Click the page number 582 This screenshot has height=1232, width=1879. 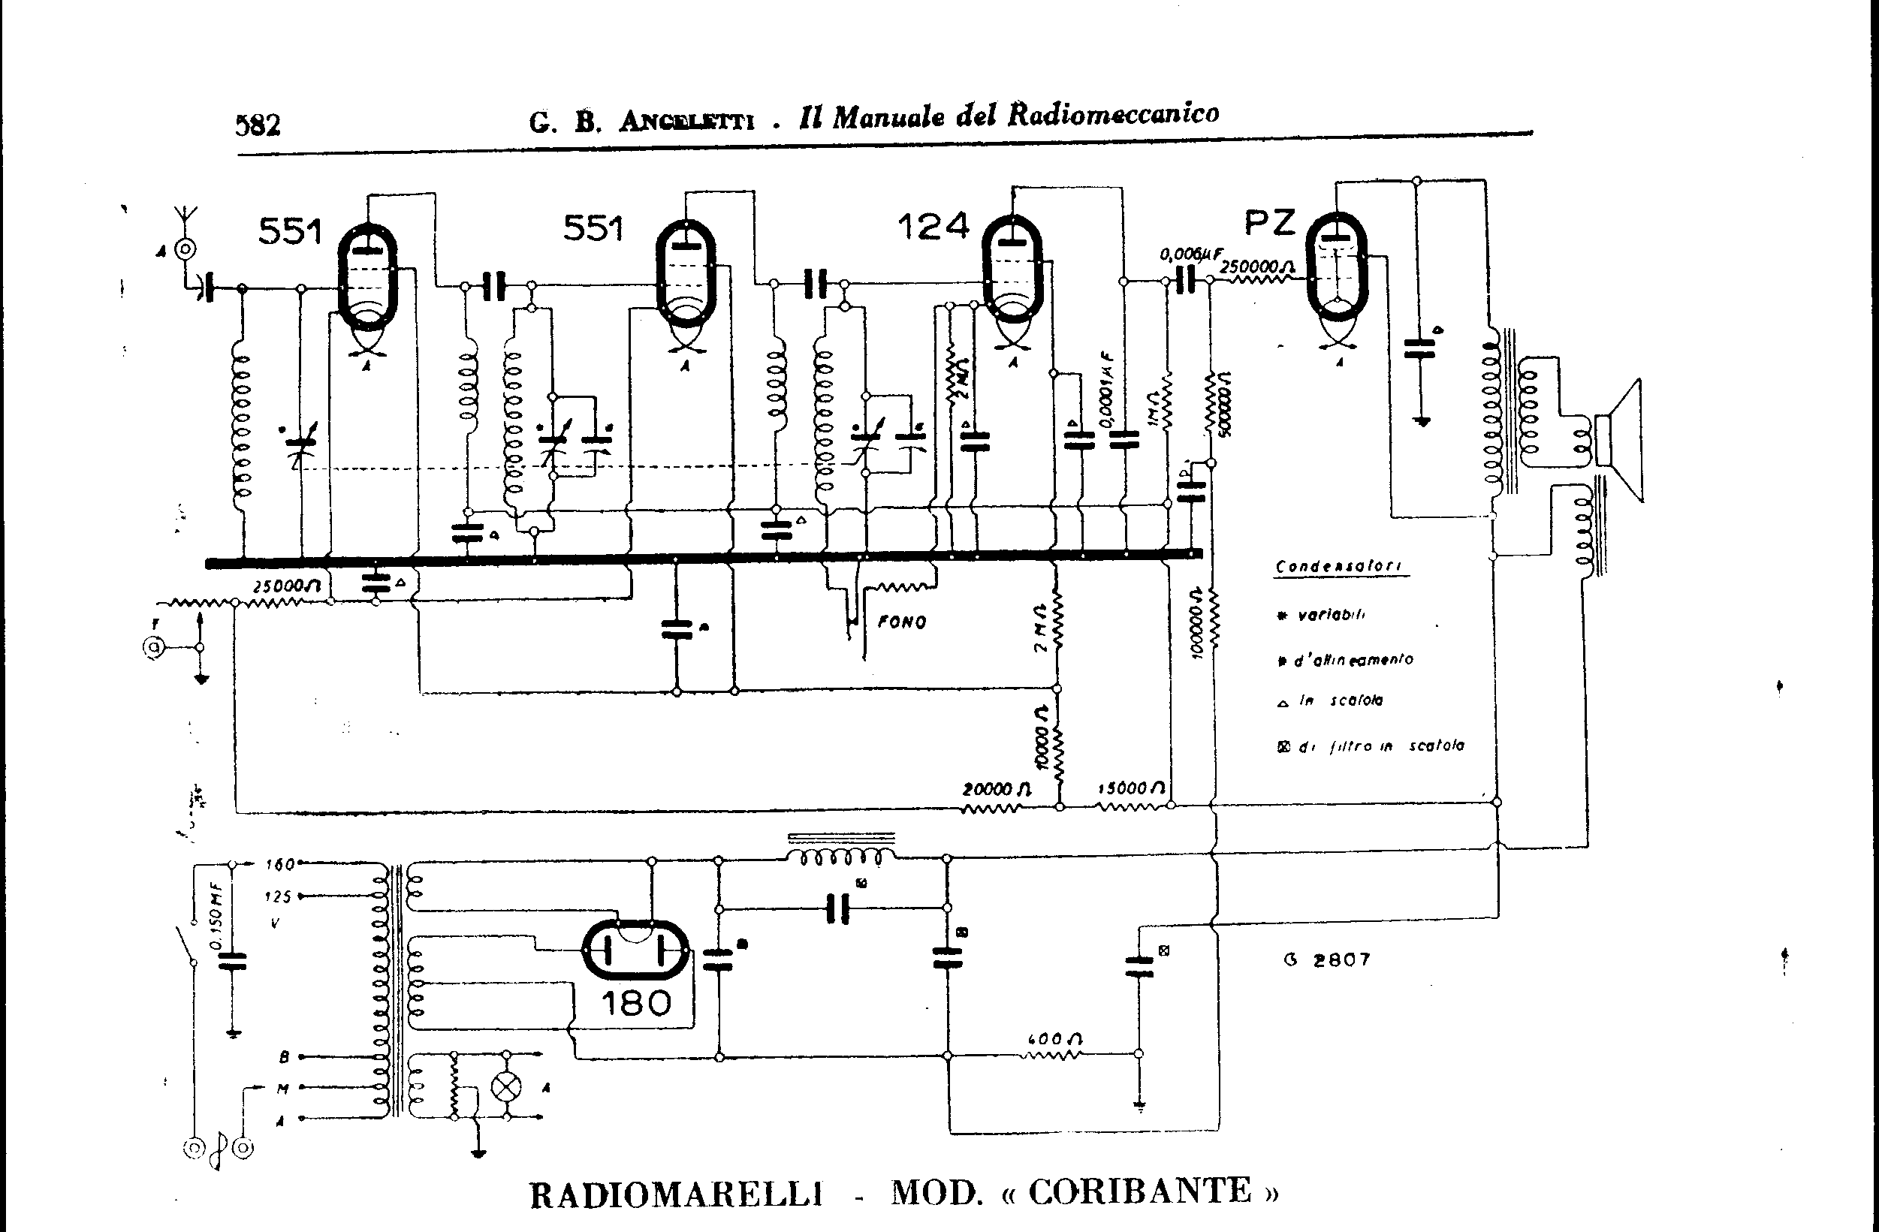(x=258, y=125)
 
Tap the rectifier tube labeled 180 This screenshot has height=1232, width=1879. (x=635, y=950)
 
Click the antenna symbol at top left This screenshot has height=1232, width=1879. (x=185, y=215)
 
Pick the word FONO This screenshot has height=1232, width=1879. (x=902, y=622)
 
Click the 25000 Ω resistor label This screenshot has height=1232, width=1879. (x=286, y=586)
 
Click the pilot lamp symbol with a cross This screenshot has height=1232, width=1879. (x=506, y=1087)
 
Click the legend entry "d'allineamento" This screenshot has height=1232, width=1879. (x=1353, y=659)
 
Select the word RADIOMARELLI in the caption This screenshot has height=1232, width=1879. (x=676, y=1195)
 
